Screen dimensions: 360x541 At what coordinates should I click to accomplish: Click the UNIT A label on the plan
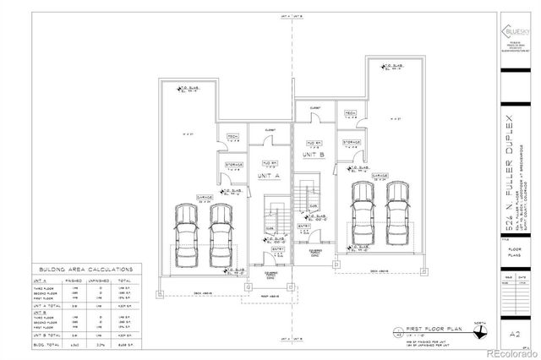pos(269,175)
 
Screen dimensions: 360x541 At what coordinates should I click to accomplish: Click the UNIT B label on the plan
pos(314,155)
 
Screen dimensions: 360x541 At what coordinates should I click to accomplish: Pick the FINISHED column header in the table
pos(75,279)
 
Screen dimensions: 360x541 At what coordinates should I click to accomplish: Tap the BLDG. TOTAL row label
pos(44,345)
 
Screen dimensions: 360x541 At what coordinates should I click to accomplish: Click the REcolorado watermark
pos(510,353)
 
